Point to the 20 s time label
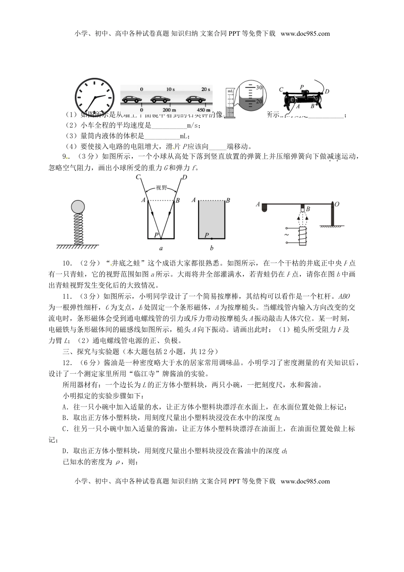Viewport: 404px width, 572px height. tap(206, 89)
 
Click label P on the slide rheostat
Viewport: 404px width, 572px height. tap(301, 87)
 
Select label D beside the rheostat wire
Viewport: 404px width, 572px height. tap(327, 91)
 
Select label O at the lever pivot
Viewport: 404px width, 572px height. tap(336, 204)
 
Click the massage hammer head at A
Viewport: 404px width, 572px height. tap(265, 207)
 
